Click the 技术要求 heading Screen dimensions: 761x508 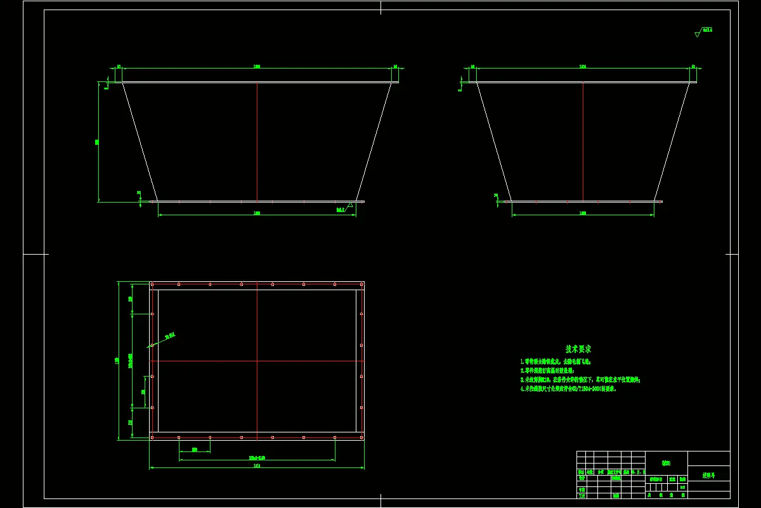click(x=578, y=349)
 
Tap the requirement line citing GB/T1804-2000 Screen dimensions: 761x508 click(x=568, y=389)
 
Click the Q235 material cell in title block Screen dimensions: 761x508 click(x=665, y=462)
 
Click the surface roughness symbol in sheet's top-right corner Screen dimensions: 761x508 click(x=701, y=30)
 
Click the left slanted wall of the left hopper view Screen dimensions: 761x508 click(x=140, y=141)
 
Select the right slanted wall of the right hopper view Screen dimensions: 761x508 click(x=672, y=141)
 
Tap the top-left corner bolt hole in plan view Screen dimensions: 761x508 click(x=152, y=284)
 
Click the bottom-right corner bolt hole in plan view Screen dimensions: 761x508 click(x=361, y=437)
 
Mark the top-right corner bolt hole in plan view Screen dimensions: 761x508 click(x=361, y=284)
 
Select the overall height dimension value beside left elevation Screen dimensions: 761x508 click(x=97, y=142)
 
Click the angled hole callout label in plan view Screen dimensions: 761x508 click(x=169, y=335)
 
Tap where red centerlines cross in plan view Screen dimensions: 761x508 click(x=257, y=361)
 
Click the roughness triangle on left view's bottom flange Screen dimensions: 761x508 click(x=349, y=205)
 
